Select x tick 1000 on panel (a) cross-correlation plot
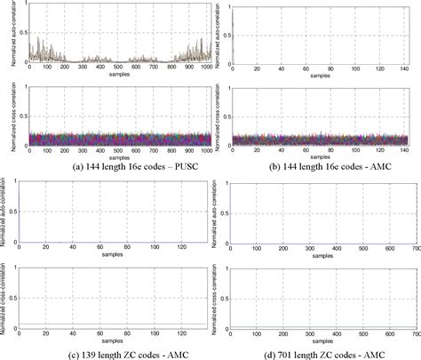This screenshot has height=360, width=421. [x=203, y=151]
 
